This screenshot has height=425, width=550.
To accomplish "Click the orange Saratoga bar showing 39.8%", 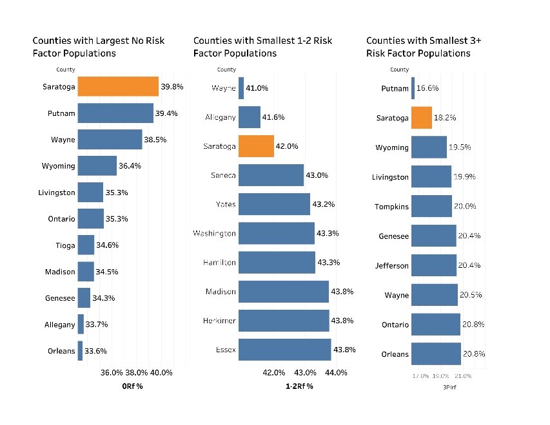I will coord(118,86).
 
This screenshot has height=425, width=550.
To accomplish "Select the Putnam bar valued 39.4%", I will coord(115,113).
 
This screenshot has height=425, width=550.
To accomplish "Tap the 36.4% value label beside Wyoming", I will coord(130,166).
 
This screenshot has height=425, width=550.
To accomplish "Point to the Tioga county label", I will coord(64,245).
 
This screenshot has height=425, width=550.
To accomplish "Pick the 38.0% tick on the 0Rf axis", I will coord(137,372).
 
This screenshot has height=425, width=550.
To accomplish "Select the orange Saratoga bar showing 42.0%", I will coord(256,146).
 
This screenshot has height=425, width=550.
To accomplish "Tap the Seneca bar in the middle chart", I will coord(271,175).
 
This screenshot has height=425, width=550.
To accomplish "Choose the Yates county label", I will coord(225,205).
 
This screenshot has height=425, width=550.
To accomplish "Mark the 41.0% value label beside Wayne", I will coord(257,88).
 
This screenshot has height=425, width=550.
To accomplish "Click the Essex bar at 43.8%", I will coord(284,350).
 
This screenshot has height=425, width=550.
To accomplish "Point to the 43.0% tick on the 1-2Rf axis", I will coord(305,372).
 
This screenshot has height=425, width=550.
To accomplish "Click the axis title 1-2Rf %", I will coord(299,386).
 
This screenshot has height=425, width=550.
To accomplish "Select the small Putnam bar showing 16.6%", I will coord(413,88).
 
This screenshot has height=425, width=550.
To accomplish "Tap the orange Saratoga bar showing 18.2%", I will coord(421,118).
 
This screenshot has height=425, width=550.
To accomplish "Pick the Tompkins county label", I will coord(392,207).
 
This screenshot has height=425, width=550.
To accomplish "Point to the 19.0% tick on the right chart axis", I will coord(441,375).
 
